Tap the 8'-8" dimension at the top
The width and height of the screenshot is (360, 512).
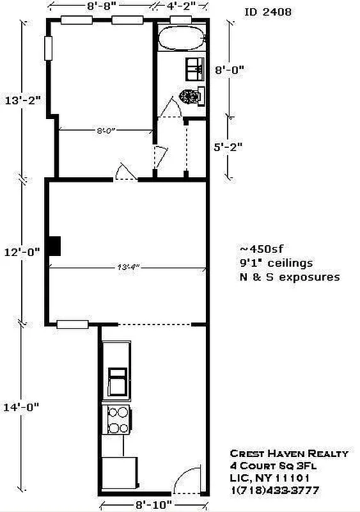click(102, 8)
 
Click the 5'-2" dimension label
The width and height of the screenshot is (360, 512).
click(229, 146)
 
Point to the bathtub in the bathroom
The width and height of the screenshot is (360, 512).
click(182, 40)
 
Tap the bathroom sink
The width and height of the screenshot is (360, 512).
click(194, 67)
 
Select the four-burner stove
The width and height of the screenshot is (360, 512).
click(118, 420)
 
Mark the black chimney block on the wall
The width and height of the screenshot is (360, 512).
click(56, 246)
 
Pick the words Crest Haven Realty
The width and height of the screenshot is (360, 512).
click(289, 453)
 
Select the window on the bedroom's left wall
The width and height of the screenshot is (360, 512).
click(49, 47)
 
